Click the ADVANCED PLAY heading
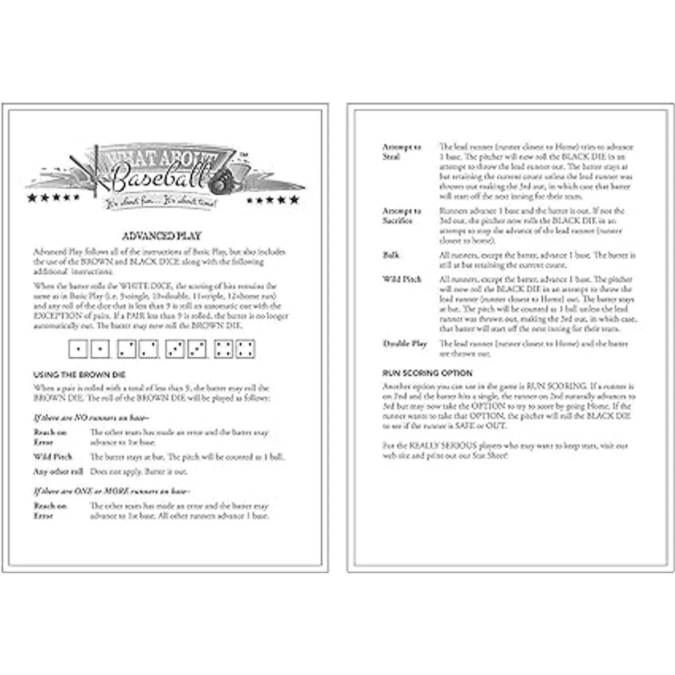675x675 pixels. tap(161, 236)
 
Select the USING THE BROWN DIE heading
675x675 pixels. tap(79, 375)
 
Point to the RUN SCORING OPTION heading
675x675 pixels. tap(427, 373)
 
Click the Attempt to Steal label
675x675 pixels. tap(402, 152)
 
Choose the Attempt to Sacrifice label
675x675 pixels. tap(402, 216)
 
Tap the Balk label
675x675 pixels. tap(391, 255)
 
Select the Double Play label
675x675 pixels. tap(405, 344)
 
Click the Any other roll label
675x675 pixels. tap(58, 471)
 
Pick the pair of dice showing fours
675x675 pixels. tap(235, 349)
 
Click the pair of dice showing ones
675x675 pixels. tap(89, 349)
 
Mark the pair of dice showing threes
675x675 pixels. tap(186, 349)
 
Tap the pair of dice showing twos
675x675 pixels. tap(138, 349)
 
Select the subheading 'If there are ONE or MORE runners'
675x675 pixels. tap(112, 491)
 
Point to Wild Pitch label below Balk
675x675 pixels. tap(402, 279)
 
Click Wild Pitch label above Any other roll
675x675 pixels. tap(53, 457)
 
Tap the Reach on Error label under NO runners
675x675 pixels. tap(50, 437)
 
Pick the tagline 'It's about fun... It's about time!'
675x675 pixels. tap(159, 202)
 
